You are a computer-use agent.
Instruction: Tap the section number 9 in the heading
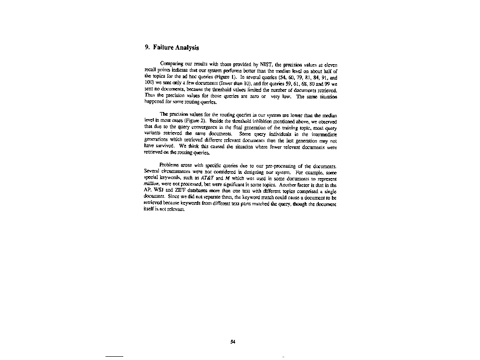click(x=147, y=47)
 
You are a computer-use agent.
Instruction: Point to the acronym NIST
click(x=261, y=63)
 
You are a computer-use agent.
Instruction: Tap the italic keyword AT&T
click(x=207, y=180)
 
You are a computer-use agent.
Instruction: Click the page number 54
click(x=232, y=342)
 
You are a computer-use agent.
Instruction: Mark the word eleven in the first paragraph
click(x=330, y=63)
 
